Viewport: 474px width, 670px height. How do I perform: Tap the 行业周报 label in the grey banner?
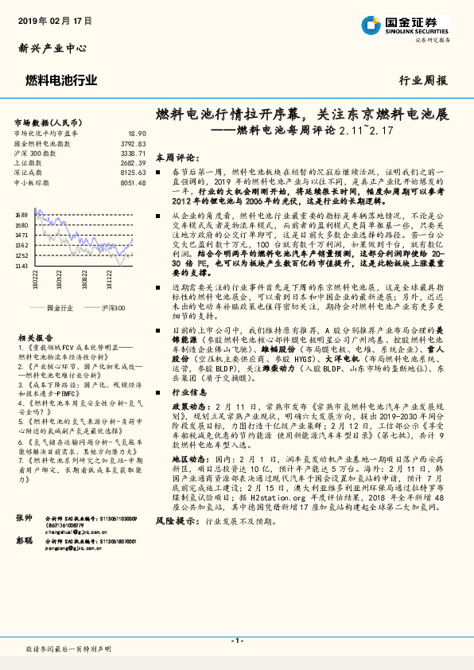click(422, 80)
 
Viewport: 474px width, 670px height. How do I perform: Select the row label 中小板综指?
click(34, 181)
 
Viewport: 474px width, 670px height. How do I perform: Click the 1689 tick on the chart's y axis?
click(21, 215)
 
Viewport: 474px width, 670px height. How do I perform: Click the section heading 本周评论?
click(175, 158)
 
